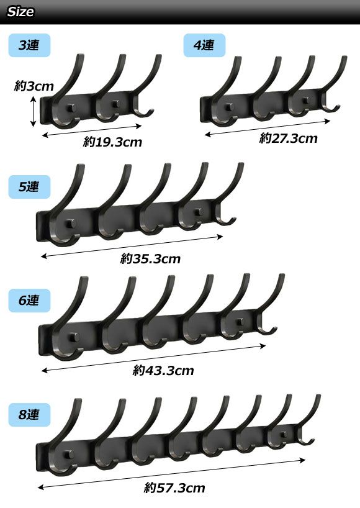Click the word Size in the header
coord(20,12)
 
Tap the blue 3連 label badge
coord(29,45)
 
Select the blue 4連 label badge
coord(204,45)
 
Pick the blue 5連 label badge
coord(29,187)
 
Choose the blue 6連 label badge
coord(29,301)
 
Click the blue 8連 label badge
coord(29,415)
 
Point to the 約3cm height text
coord(34,86)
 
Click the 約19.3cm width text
coord(112,142)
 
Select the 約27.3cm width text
coord(288,138)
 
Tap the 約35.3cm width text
coord(150,258)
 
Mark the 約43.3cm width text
coord(163,370)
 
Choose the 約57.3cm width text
coord(174,488)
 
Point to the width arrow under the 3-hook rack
coord(92,130)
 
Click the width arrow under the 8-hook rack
coord(171,474)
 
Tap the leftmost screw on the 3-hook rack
coord(71,108)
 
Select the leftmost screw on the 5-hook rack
coord(71,224)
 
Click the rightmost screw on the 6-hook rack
coord(240,322)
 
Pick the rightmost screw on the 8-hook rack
coord(283,435)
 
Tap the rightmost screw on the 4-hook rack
coord(305,101)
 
